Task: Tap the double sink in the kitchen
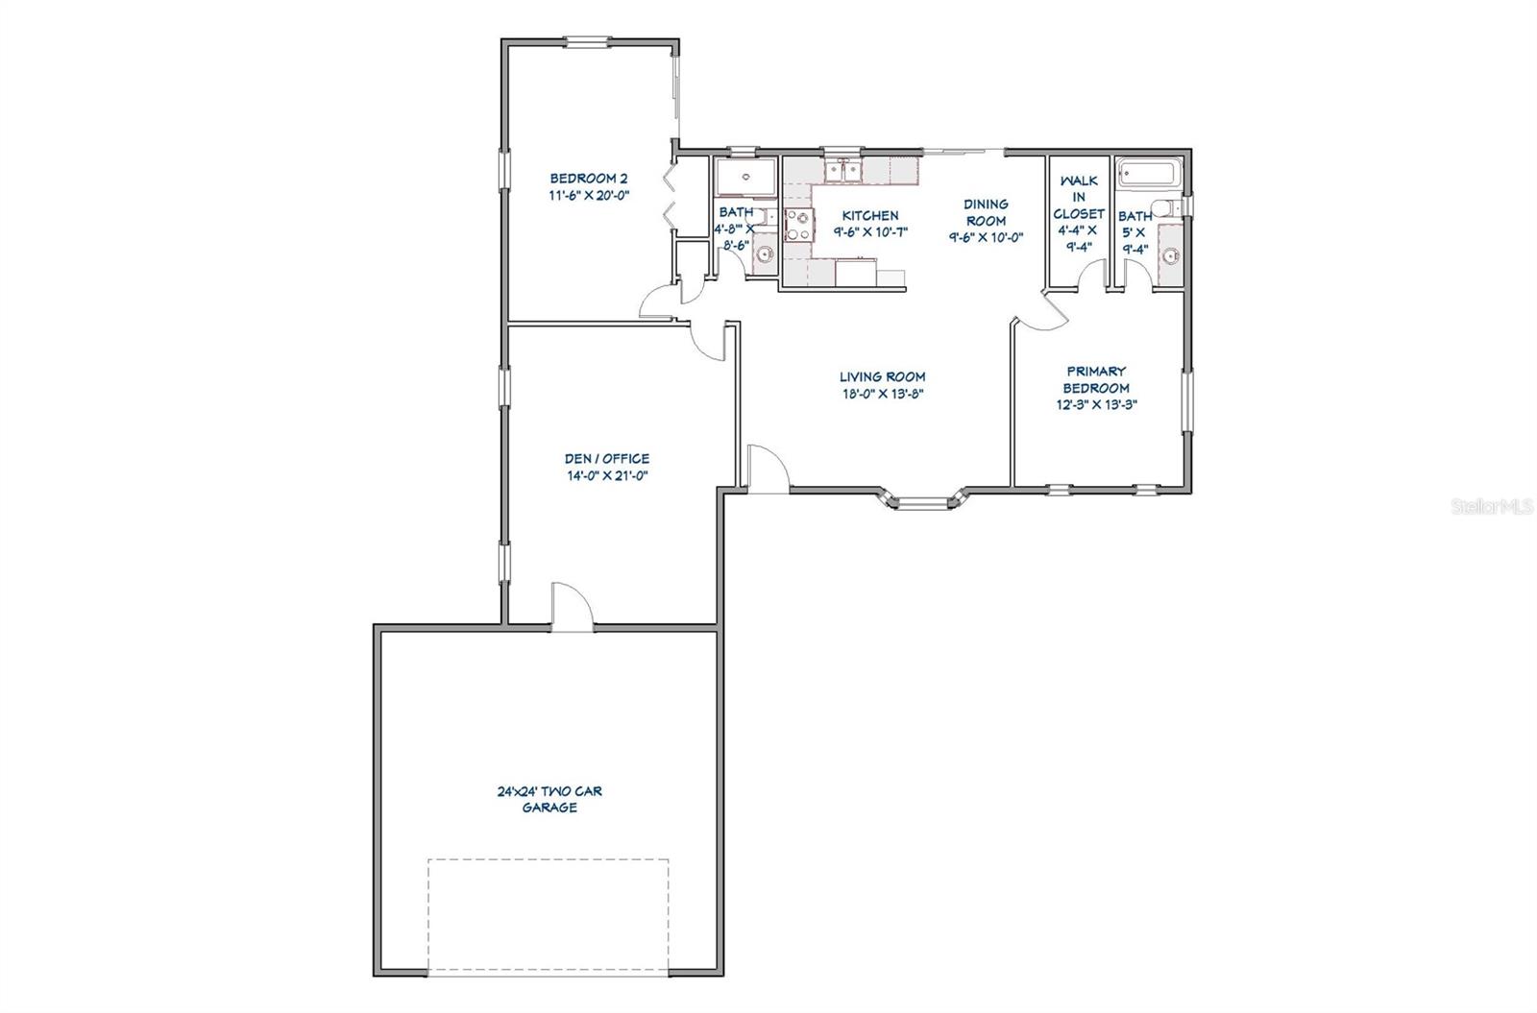(843, 170)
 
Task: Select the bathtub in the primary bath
(1149, 173)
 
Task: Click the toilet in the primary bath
(1165, 207)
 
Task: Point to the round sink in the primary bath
(1172, 255)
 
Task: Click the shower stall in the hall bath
(745, 177)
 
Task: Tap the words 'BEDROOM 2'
(589, 179)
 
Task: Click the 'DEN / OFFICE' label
(606, 458)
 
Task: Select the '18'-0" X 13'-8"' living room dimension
(883, 394)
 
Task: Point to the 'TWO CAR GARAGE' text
(549, 799)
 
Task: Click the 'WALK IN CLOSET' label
(1079, 197)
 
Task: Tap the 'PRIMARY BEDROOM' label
(1096, 379)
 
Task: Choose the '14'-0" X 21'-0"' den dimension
(607, 475)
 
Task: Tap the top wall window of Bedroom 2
(587, 42)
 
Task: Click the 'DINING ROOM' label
(986, 212)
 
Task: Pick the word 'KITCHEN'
(870, 215)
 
